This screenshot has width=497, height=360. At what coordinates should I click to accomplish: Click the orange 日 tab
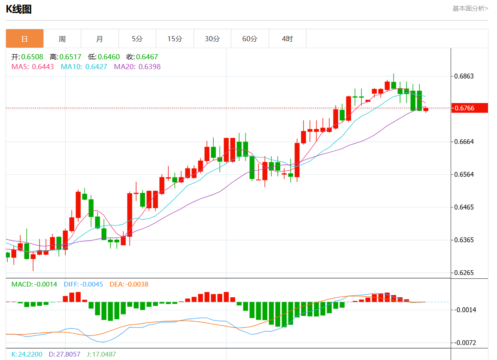(x=24, y=39)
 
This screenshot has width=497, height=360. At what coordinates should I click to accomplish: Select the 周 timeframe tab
(x=62, y=39)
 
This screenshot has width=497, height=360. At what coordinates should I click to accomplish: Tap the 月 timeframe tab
(x=100, y=39)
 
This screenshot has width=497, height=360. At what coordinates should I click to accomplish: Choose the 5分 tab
(x=137, y=39)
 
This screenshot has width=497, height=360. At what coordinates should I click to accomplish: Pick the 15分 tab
(x=175, y=39)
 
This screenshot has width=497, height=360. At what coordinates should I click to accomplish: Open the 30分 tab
(x=212, y=39)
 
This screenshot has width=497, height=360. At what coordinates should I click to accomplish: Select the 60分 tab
(x=250, y=39)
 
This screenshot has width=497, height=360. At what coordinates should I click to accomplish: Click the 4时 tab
(x=287, y=39)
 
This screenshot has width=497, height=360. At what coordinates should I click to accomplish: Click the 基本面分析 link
(x=470, y=8)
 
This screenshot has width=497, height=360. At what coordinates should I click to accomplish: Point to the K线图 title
(x=18, y=9)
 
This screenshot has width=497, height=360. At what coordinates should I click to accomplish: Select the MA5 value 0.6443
(x=43, y=67)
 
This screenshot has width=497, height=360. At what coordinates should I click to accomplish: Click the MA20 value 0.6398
(x=149, y=67)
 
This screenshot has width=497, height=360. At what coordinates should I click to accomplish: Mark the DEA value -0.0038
(x=136, y=284)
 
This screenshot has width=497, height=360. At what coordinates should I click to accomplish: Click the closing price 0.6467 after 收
(x=148, y=57)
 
